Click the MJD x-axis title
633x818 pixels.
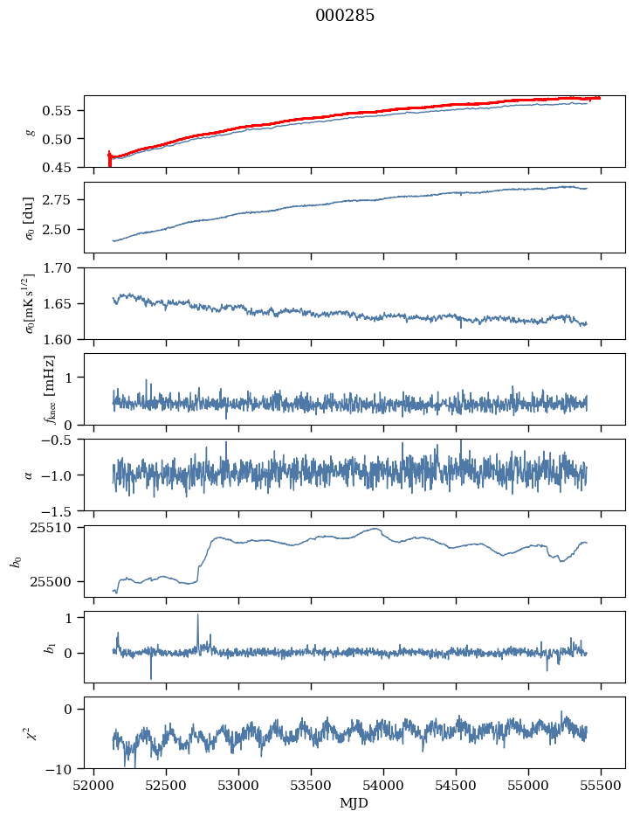(354, 803)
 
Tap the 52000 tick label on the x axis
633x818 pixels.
(94, 785)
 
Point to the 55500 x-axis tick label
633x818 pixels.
(601, 785)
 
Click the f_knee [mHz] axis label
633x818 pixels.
(49, 389)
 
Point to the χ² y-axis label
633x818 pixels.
(27, 732)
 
